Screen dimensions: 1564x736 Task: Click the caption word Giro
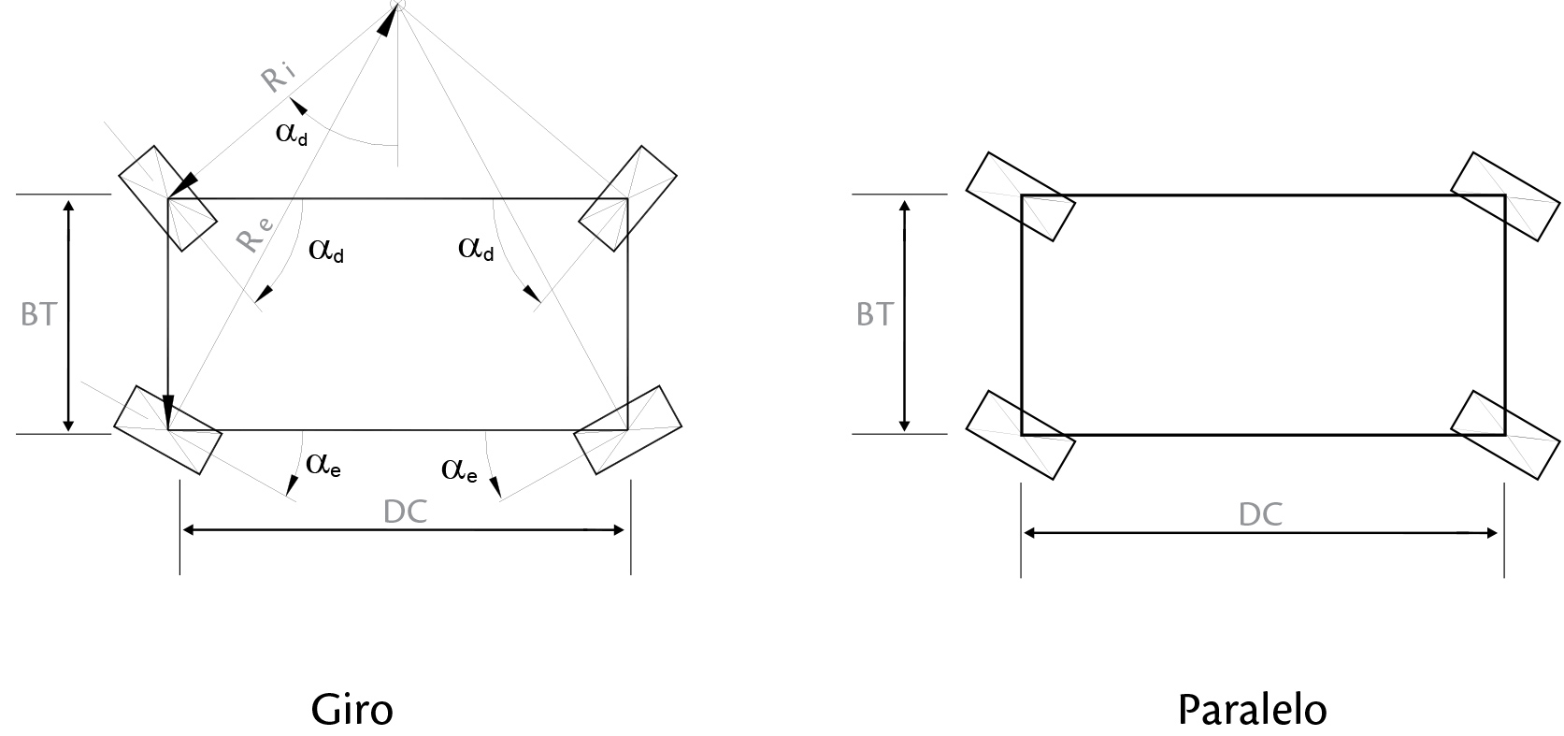tap(352, 710)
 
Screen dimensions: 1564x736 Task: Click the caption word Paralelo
tap(1252, 710)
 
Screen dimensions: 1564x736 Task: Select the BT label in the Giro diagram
tap(38, 314)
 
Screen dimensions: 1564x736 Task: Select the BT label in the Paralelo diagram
tap(874, 314)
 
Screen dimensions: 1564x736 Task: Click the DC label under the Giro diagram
tap(405, 512)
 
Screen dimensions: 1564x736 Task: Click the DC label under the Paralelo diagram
tap(1260, 514)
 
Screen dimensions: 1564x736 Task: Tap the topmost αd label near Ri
tap(292, 133)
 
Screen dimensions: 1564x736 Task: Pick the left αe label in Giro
tap(323, 465)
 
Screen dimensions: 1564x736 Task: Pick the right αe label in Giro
tap(459, 469)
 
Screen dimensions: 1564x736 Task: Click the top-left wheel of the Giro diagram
tap(167, 198)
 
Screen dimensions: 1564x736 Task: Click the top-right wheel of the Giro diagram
tap(627, 198)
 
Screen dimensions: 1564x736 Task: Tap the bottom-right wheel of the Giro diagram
tap(627, 430)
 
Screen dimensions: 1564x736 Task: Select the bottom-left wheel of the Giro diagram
tap(167, 430)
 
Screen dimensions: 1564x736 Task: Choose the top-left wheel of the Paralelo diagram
tap(1021, 197)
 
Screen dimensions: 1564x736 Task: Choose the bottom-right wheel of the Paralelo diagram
tap(1505, 435)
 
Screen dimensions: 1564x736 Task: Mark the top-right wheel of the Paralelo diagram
tap(1505, 197)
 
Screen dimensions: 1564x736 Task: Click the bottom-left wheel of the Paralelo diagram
tap(1021, 435)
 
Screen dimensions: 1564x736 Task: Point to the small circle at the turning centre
tap(398, 5)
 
